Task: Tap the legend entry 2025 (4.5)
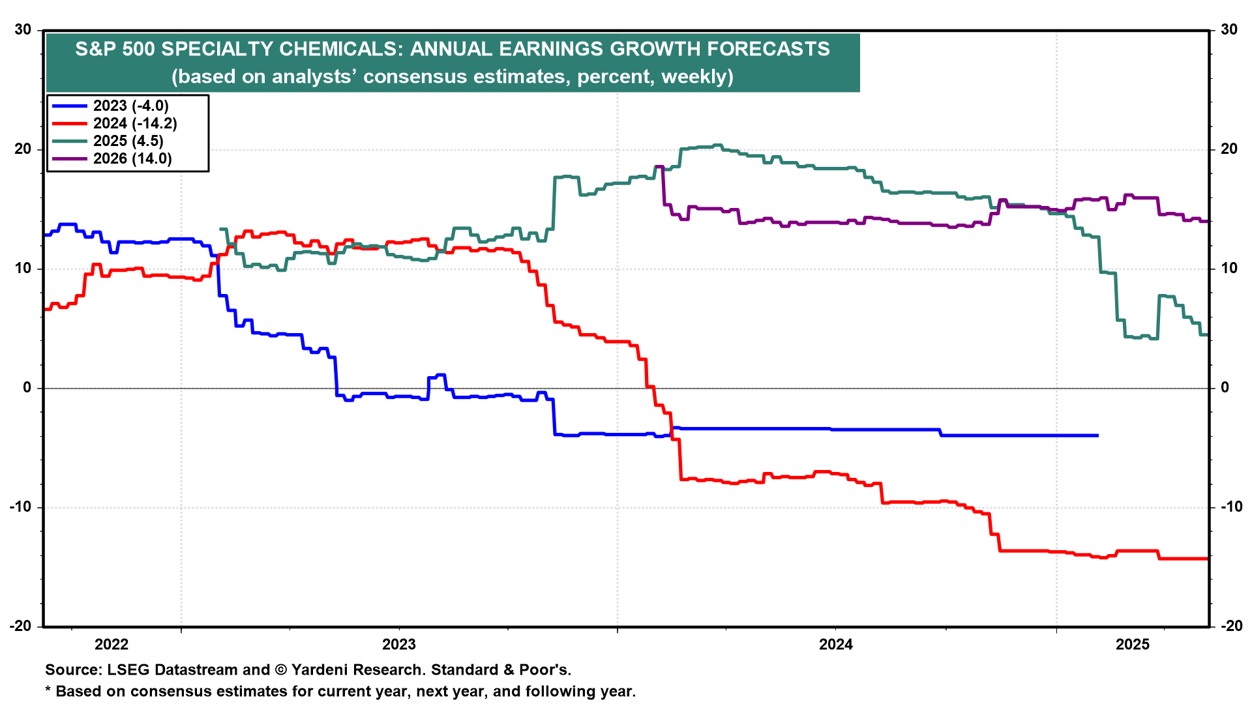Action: click(x=128, y=141)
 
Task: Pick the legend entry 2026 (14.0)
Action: click(x=132, y=158)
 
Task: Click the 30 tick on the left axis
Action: click(x=23, y=30)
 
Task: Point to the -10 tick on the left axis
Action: click(x=20, y=507)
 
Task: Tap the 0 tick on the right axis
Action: click(x=1225, y=388)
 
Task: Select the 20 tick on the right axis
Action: click(x=1229, y=149)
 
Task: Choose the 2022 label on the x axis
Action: click(x=112, y=645)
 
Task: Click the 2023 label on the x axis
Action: click(x=399, y=645)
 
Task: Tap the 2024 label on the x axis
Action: click(x=836, y=645)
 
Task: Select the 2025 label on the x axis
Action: click(x=1133, y=645)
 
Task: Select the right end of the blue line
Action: click(x=1098, y=435)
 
